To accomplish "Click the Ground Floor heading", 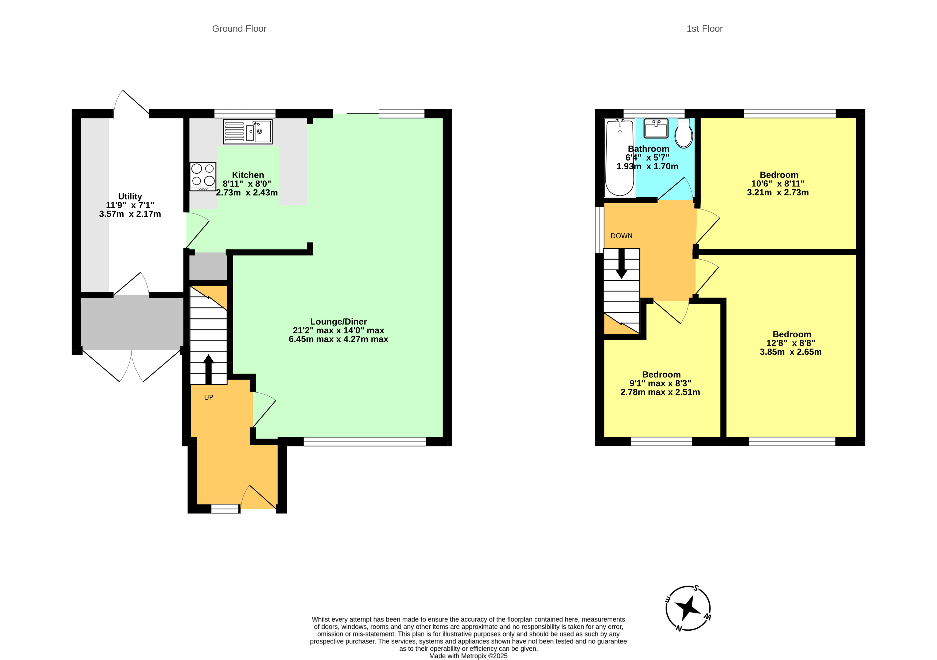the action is pyautogui.click(x=239, y=29).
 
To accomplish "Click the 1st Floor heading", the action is pyautogui.click(x=704, y=29).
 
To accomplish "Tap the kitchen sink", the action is pyautogui.click(x=248, y=131).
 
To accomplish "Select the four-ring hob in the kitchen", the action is pyautogui.click(x=203, y=177).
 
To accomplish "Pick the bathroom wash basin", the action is pyautogui.click(x=656, y=128).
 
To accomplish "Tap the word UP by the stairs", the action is pyautogui.click(x=209, y=397).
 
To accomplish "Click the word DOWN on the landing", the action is pyautogui.click(x=621, y=236).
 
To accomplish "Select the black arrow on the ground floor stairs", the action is pyautogui.click(x=209, y=369).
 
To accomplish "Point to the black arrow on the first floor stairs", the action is pyautogui.click(x=621, y=264).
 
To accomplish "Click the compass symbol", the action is pyautogui.click(x=688, y=608).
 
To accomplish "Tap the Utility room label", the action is pyautogui.click(x=130, y=205).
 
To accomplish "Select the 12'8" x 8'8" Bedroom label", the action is pyautogui.click(x=791, y=343).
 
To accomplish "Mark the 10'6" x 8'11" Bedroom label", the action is pyautogui.click(x=778, y=183).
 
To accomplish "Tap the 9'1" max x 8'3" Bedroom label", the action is pyautogui.click(x=660, y=384).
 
